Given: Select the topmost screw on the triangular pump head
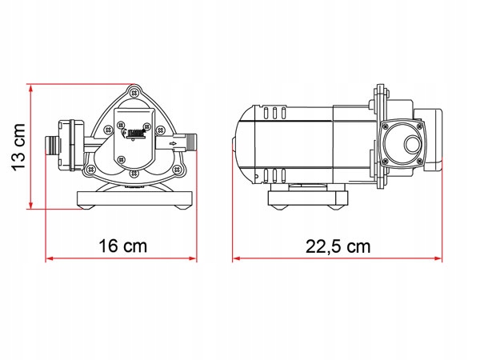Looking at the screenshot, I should point(133,93).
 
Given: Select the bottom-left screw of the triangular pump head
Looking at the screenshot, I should point(92,170).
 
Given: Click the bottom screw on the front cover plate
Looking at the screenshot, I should point(134,166).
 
